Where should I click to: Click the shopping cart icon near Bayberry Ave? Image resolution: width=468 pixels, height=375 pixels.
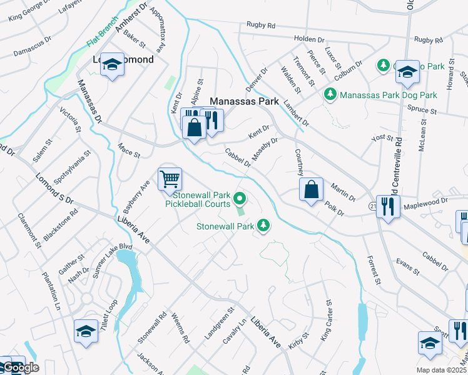[170, 179]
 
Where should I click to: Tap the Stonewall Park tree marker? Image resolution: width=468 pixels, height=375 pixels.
[264, 225]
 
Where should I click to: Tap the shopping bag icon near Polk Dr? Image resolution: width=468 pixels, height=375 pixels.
[311, 189]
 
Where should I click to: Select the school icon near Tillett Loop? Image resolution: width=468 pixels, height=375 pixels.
[86, 332]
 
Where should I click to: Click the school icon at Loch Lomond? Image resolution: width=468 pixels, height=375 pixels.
[112, 64]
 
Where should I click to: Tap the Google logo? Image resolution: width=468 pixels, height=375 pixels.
[20, 367]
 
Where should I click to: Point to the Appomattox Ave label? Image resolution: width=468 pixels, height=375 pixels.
[160, 32]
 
